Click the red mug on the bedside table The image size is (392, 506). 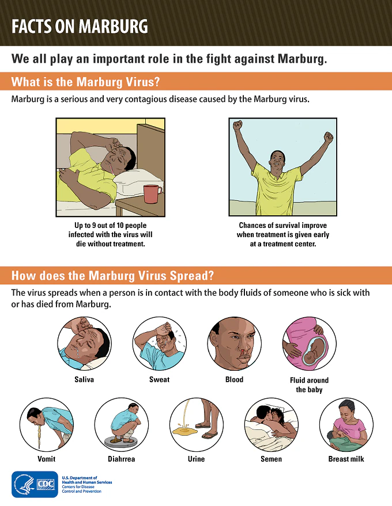coord(152,193)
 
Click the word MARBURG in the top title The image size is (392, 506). coord(113,26)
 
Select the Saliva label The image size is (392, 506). coord(84,379)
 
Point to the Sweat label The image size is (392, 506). coord(159,379)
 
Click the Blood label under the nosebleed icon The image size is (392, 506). coord(234,379)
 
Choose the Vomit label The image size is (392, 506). coord(47,459)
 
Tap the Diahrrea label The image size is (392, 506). coord(122,459)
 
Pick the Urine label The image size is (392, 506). coord(196,459)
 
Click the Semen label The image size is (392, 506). coord(271,459)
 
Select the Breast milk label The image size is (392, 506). coord(346,459)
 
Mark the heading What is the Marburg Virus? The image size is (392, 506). coord(86,82)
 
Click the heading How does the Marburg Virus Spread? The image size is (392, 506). coord(113,276)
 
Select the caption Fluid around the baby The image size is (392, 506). coord(309,385)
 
